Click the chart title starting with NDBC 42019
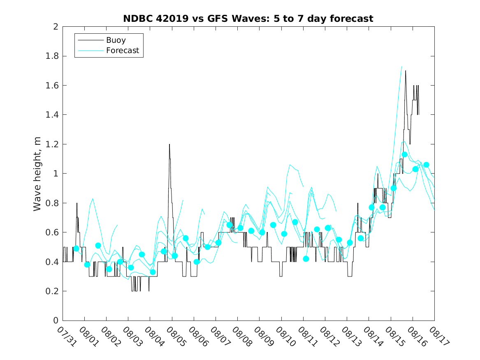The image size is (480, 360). coord(248,19)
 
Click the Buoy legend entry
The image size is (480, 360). coord(116,40)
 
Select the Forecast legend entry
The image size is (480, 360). coord(123,51)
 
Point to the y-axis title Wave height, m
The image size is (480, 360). coord(37,174)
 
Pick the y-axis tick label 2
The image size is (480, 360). coord(55,27)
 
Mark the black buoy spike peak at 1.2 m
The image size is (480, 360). coord(169,144)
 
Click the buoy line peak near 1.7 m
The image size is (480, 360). coord(406,71)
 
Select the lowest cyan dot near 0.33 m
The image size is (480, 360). coord(153,272)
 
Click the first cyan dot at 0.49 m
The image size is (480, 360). coord(76,249)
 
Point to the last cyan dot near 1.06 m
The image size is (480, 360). coord(426,165)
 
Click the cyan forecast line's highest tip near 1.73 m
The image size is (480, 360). coord(401,66)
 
